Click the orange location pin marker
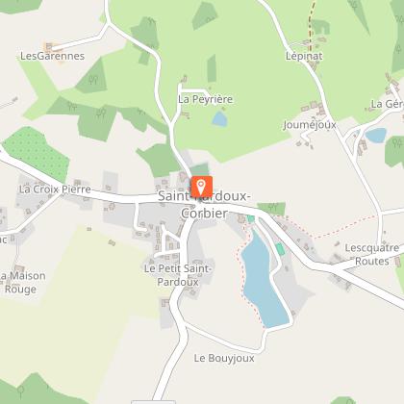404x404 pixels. (201, 185)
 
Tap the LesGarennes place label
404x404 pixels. (52, 56)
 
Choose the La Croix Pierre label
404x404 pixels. (54, 189)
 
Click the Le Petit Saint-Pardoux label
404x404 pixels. (178, 275)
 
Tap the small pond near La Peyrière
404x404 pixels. (219, 119)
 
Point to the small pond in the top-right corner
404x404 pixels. (375, 136)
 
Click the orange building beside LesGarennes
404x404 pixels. (54, 44)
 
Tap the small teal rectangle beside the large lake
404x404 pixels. (280, 249)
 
